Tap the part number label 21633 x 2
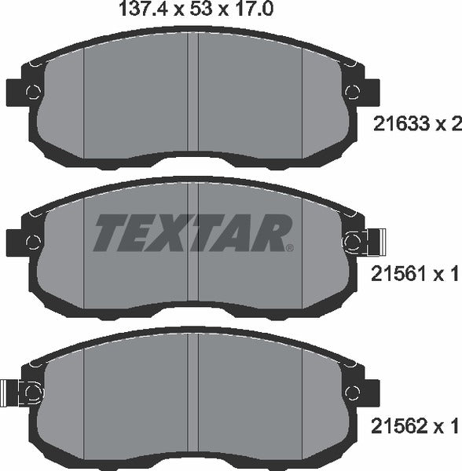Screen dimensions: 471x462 414,123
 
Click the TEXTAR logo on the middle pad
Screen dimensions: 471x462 193,233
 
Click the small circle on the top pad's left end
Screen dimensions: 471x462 32,91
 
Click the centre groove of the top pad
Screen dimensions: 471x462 193,94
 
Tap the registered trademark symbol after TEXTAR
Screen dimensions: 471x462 290,248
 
